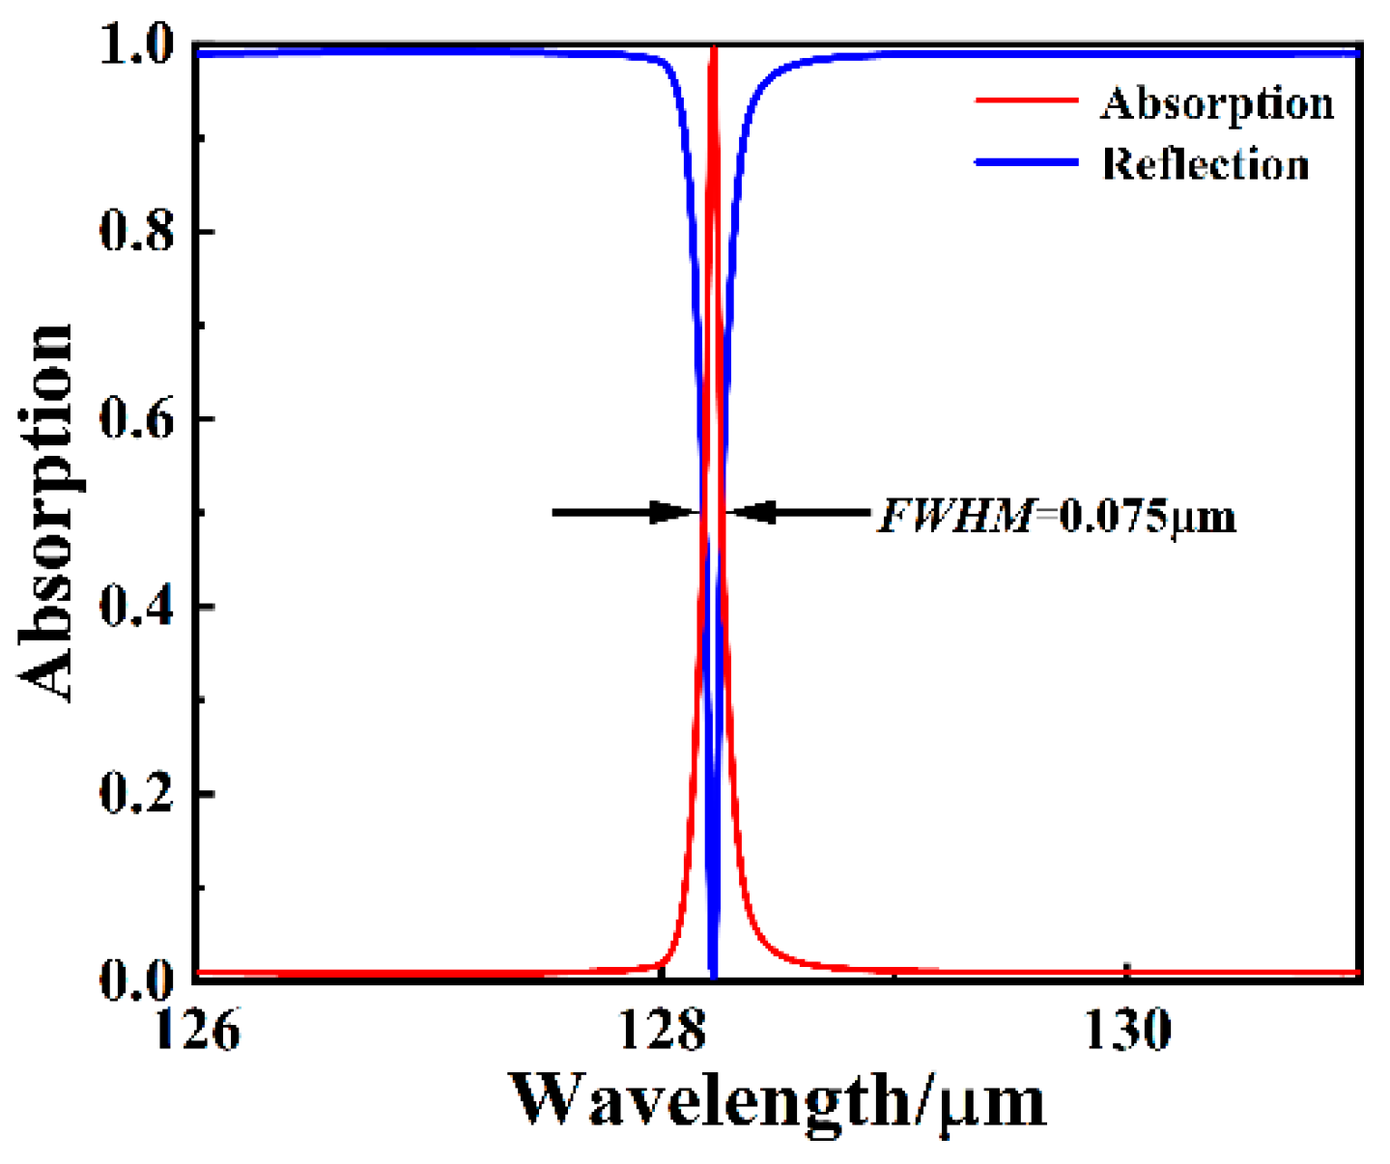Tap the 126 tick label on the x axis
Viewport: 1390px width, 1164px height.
[197, 1031]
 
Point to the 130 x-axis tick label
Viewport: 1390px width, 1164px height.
[1127, 1031]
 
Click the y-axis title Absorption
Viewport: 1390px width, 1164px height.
[46, 512]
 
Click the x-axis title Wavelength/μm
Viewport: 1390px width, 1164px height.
[778, 1101]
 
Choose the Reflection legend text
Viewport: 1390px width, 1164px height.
[1206, 163]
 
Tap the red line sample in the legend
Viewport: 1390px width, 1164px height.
[1026, 100]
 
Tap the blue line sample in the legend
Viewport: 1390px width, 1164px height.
[1026, 162]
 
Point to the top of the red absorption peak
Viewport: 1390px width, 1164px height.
[714, 48]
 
